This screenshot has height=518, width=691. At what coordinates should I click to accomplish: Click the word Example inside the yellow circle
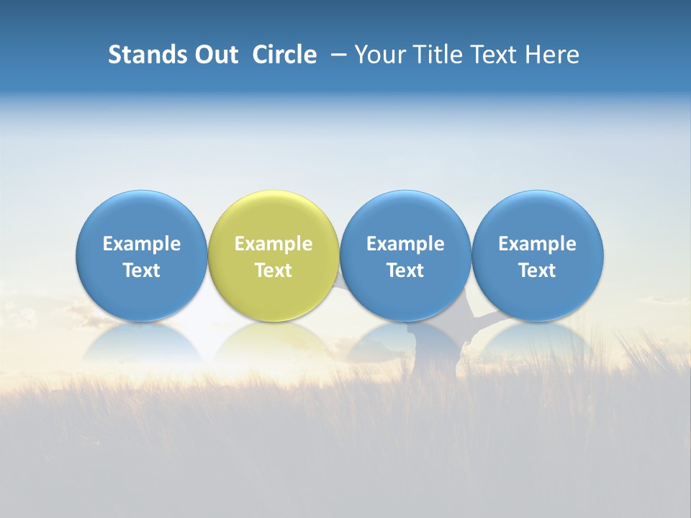[274, 244]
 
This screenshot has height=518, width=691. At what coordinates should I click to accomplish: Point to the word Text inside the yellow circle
[274, 271]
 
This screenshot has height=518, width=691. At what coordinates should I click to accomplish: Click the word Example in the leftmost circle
[141, 244]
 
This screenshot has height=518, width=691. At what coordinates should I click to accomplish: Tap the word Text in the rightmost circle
[538, 271]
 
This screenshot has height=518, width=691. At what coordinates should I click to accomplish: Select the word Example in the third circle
[405, 244]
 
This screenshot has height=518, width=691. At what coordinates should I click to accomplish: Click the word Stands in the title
[145, 55]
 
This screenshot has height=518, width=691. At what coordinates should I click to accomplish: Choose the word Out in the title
[214, 55]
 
